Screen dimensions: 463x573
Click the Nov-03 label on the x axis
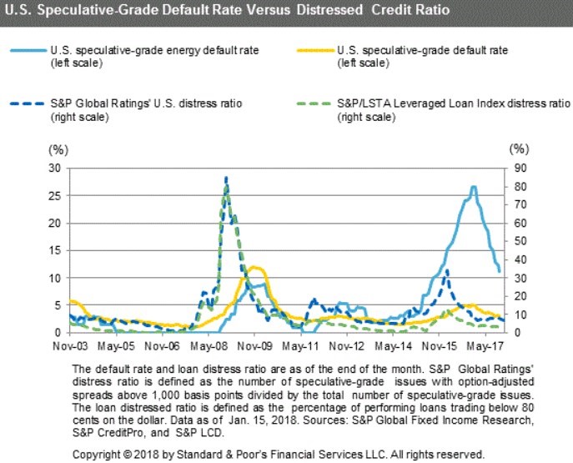click(69, 344)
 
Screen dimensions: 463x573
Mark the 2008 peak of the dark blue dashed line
click(225, 178)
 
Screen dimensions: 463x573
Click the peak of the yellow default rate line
click(254, 268)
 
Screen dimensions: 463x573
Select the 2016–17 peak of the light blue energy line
click(474, 187)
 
